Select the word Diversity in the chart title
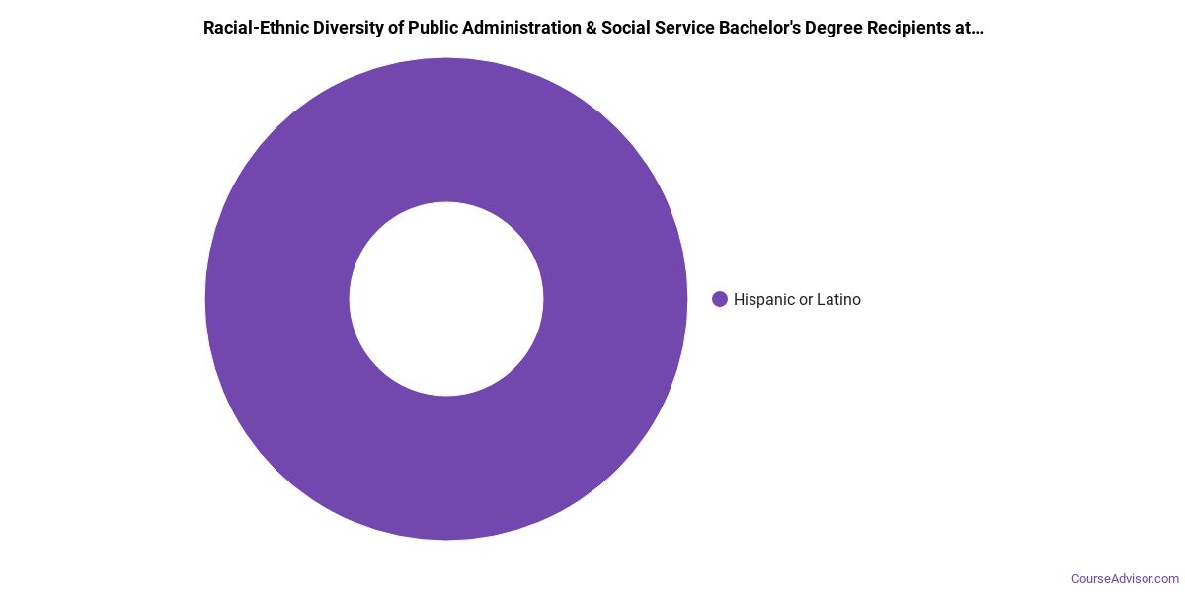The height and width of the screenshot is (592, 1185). pyautogui.click(x=339, y=28)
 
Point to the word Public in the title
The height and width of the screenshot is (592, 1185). pyautogui.click(x=426, y=28)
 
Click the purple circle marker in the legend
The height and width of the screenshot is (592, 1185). pyautogui.click(x=720, y=299)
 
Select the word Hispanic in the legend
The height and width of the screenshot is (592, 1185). pyautogui.click(x=764, y=299)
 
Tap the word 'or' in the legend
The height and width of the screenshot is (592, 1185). pyautogui.click(x=808, y=299)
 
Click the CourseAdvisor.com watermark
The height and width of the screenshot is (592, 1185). pyautogui.click(x=1125, y=578)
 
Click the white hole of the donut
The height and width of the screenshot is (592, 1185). pyautogui.click(x=446, y=299)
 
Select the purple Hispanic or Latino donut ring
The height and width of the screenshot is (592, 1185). pyautogui.click(x=446, y=118)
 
